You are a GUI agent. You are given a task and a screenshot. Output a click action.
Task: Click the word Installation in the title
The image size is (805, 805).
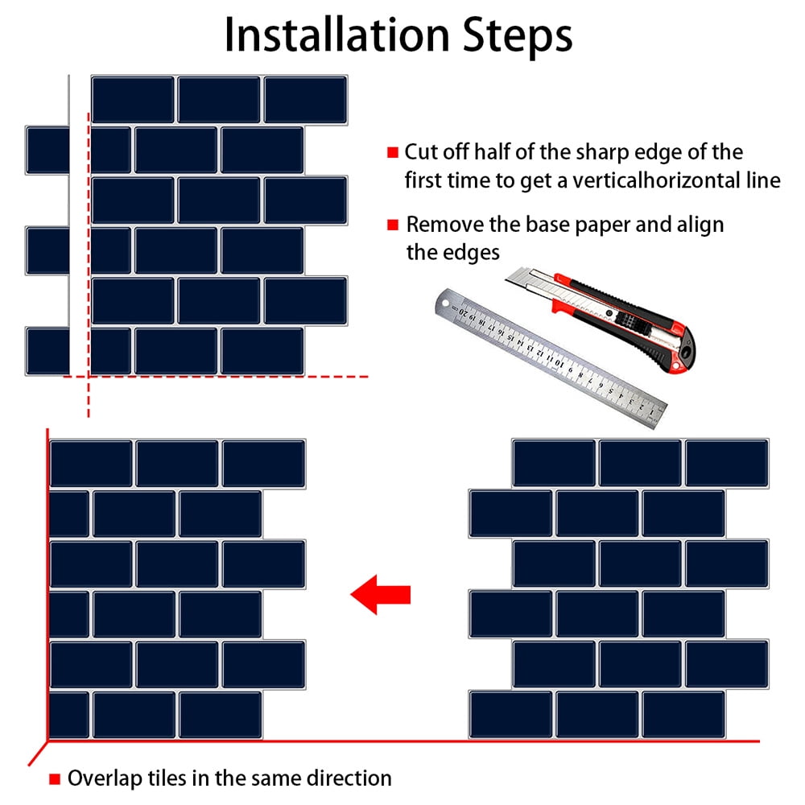(337, 35)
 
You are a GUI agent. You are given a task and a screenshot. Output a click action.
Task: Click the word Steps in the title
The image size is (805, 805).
(518, 36)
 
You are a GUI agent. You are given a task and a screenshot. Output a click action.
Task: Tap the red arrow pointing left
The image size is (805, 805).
(381, 595)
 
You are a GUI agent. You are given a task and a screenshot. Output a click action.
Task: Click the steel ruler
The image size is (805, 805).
(551, 357)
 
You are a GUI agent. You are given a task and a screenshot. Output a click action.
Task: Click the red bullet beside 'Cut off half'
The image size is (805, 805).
(393, 152)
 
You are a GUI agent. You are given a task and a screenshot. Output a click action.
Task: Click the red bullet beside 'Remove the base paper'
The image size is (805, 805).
(393, 225)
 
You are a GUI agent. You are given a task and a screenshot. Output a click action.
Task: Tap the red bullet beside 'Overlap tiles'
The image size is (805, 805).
(55, 778)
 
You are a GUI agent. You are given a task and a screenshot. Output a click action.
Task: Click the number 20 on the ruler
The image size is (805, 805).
(464, 312)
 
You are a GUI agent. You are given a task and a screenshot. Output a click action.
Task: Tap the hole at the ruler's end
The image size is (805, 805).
(445, 303)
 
